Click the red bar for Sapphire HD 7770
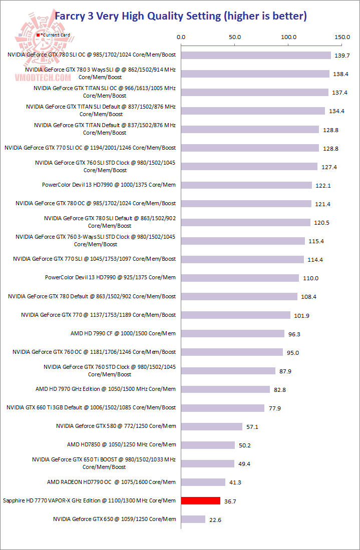tap(201, 500)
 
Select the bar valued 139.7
tap(256, 55)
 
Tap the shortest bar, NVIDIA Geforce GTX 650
tap(193, 519)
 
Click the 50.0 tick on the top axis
tap(234, 37)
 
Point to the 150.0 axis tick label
tap(342, 37)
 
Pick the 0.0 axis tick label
tap(181, 37)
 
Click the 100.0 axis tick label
tap(288, 37)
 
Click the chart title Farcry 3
tap(180, 16)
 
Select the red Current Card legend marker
tap(38, 35)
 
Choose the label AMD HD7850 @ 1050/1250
tap(121, 444)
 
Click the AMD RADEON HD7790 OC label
tap(111, 482)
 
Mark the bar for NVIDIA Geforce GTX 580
tap(212, 426)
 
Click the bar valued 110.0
tap(240, 278)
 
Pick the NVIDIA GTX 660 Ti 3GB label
tap(91, 407)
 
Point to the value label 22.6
tap(216, 519)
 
